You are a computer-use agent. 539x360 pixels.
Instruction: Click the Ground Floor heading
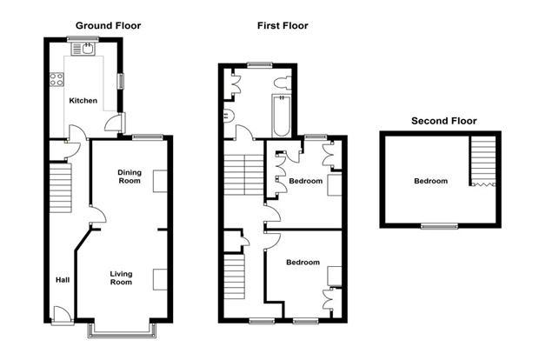tap(108, 26)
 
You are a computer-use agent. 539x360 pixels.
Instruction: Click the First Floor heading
tap(283, 26)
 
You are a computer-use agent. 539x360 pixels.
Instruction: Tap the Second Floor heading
tap(443, 121)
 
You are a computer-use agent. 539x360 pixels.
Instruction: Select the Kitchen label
tap(83, 101)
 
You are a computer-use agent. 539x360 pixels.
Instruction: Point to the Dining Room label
tap(130, 177)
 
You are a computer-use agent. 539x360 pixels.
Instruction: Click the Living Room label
tap(121, 277)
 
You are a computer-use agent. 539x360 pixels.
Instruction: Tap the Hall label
tap(63, 280)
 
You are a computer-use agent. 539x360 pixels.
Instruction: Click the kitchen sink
tap(83, 49)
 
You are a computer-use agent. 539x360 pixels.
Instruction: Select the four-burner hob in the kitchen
tap(57, 79)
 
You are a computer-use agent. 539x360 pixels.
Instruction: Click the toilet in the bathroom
tap(283, 83)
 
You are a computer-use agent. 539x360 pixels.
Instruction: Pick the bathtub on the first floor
tap(281, 116)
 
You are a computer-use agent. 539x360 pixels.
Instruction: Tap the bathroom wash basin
tap(229, 115)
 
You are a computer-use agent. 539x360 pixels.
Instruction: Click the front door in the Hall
tap(63, 315)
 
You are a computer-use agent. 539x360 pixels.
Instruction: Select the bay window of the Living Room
tap(122, 330)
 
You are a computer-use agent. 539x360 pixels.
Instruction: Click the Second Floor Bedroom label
tap(430, 181)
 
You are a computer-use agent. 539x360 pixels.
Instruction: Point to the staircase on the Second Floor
tap(483, 161)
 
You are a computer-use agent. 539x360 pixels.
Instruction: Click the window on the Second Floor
tap(440, 226)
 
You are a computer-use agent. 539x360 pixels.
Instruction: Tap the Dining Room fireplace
tap(160, 181)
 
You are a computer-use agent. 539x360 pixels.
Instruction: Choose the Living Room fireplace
tap(160, 279)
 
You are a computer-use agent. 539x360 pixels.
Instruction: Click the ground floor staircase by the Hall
tap(61, 188)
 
